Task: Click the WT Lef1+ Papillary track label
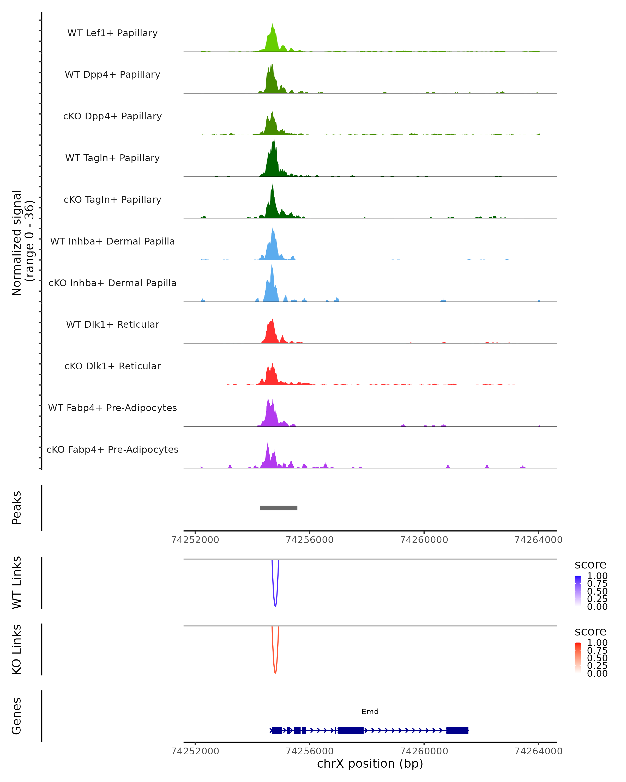pos(112,33)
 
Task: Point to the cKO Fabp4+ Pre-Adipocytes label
pos(112,449)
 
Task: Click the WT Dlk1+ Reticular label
pos(112,324)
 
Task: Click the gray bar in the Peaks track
pos(278,508)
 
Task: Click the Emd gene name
pos(370,712)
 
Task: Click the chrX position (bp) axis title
pos(370,763)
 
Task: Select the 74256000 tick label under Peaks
pos(310,540)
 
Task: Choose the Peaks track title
pos(17,508)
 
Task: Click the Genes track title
pos(17,716)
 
